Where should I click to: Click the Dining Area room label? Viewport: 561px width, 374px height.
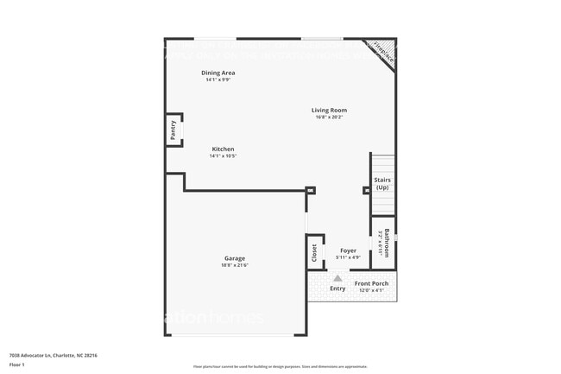click(217, 73)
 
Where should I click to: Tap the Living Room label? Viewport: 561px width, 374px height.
click(329, 110)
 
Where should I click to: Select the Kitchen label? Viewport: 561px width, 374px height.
click(224, 149)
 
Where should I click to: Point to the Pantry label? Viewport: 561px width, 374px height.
click(173, 130)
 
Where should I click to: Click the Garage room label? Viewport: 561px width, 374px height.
click(235, 258)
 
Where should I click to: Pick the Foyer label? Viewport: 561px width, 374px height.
click(348, 250)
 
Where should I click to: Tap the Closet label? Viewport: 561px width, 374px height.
click(314, 252)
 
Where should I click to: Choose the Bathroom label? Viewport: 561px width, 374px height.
click(388, 243)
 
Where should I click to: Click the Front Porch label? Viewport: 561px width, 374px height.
click(371, 283)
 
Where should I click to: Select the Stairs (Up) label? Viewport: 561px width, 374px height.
click(381, 184)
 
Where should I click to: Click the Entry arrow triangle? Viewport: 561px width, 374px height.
click(338, 278)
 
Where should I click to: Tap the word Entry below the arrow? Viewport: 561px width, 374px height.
click(337, 288)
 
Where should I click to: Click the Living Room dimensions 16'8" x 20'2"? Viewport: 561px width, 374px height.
click(329, 117)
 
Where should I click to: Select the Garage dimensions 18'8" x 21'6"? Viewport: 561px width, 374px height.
click(235, 265)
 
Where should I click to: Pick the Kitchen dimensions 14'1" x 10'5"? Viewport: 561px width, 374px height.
click(224, 156)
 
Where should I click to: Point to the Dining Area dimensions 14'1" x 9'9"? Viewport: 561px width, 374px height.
click(217, 80)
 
